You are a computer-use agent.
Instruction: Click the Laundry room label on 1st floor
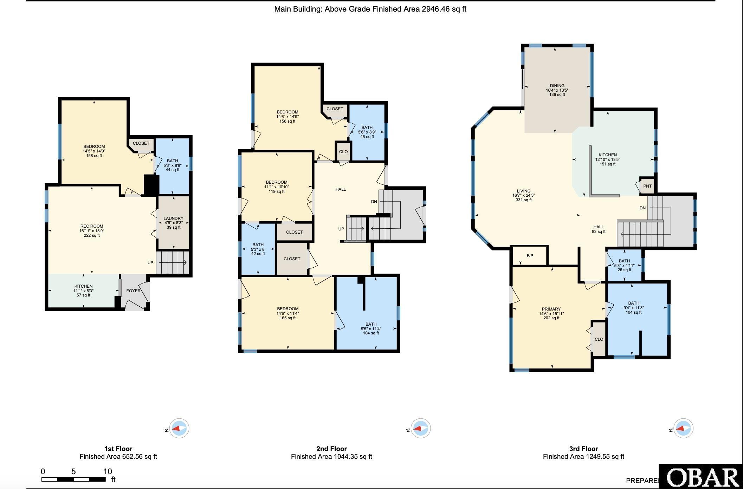(x=173, y=223)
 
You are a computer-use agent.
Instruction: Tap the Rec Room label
(x=92, y=231)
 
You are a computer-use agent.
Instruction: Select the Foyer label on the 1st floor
(x=133, y=291)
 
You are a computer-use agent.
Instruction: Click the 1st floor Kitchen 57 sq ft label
(x=83, y=291)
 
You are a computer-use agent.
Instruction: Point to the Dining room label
(x=557, y=90)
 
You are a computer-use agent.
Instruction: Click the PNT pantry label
(x=647, y=186)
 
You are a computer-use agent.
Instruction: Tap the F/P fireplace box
(x=530, y=256)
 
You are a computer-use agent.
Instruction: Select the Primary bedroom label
(x=551, y=314)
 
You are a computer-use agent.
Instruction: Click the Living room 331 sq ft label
(x=523, y=196)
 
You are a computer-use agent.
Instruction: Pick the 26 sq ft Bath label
(x=624, y=265)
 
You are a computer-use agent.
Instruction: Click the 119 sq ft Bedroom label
(x=277, y=187)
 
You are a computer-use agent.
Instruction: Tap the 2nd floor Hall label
(x=341, y=189)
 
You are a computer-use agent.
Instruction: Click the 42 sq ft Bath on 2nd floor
(x=258, y=249)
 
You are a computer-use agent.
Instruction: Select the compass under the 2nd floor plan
(x=420, y=429)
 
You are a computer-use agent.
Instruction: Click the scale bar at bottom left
(x=73, y=479)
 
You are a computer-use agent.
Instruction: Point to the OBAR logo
(x=702, y=478)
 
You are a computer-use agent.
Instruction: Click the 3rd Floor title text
(x=583, y=449)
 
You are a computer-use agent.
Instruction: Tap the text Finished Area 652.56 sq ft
(x=118, y=457)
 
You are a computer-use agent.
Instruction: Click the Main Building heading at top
(x=370, y=9)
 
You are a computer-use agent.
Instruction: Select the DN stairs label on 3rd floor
(x=642, y=208)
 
